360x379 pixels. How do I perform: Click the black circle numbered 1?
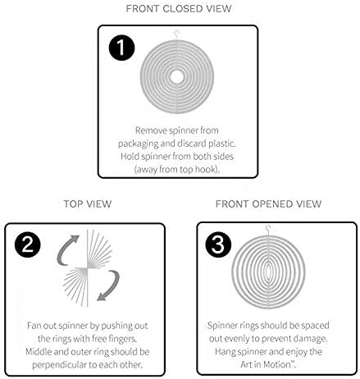pos(121,48)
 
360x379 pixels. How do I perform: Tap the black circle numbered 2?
pos(28,244)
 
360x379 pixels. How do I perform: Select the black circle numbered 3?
pos(218,244)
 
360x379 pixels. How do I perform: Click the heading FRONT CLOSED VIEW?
pos(179,9)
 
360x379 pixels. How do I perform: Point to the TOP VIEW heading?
pos(88,204)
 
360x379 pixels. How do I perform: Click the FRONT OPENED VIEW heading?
pos(268,204)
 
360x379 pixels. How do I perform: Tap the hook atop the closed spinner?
pos(176,34)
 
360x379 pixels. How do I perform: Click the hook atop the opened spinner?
pos(268,230)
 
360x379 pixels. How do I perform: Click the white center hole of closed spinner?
pos(176,77)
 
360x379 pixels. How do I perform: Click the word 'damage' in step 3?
pos(310,339)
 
